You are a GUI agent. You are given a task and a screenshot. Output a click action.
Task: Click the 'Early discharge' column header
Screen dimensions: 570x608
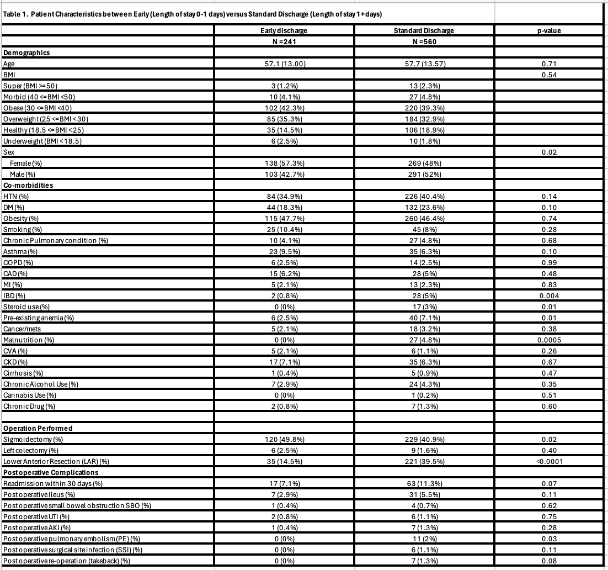[283, 31]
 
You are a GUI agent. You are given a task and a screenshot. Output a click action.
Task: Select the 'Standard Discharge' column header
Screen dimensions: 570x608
[424, 31]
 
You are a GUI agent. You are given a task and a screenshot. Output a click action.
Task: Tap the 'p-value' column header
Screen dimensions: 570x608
[549, 31]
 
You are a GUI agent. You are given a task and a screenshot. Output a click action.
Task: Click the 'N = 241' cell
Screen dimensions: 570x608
[283, 42]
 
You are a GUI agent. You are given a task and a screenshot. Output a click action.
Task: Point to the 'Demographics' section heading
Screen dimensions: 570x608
[26, 53]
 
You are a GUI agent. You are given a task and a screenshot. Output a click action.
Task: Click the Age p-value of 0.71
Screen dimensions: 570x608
[549, 64]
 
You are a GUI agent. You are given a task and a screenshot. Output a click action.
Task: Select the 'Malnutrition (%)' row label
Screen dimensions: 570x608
[29, 340]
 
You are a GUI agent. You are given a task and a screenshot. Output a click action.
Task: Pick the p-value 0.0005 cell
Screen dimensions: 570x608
[549, 340]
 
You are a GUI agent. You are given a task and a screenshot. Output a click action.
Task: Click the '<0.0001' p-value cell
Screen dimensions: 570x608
[549, 461]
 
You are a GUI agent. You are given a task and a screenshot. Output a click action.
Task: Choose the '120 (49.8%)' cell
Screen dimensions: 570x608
[283, 439]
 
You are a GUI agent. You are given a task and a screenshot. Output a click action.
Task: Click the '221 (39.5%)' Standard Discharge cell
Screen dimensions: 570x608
[424, 461]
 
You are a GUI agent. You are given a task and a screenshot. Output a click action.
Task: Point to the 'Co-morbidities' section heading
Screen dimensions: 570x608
[28, 185]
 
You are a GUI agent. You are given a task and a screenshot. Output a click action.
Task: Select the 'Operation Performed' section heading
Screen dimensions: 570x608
[38, 428]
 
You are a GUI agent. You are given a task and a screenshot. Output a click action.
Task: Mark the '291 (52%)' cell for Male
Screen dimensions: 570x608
[424, 174]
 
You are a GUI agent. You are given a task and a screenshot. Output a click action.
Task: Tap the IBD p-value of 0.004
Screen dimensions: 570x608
[549, 295]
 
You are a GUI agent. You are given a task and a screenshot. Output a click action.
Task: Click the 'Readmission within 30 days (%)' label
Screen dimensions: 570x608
[53, 483]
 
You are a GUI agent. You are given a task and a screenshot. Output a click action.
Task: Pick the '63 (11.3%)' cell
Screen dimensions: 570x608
[424, 483]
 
